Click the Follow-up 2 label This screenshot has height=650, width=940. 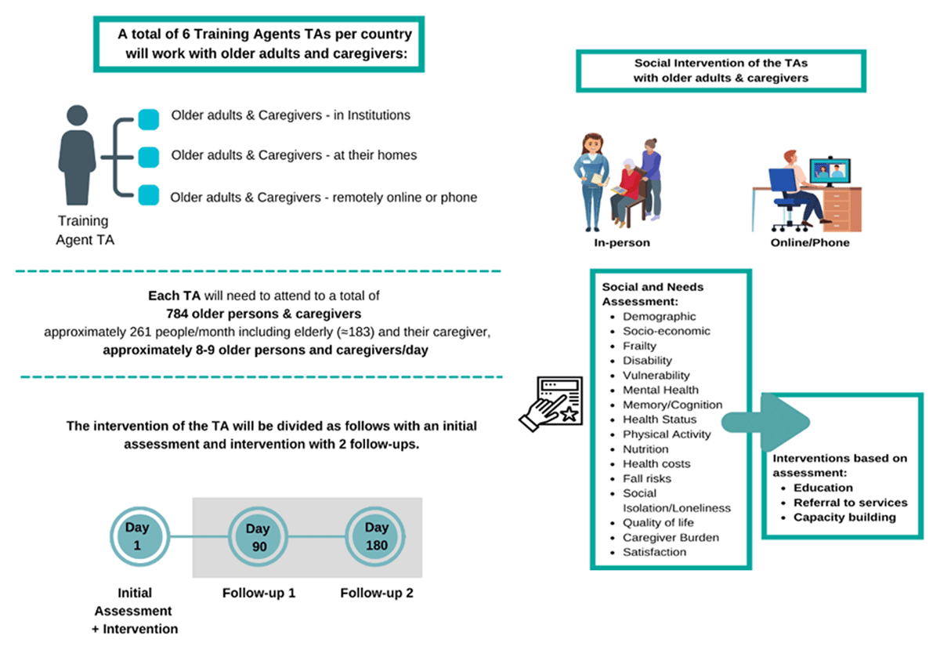pyautogui.click(x=377, y=593)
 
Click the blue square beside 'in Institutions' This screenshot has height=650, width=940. pyautogui.click(x=147, y=119)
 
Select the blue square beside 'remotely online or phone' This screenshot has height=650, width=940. pyautogui.click(x=147, y=195)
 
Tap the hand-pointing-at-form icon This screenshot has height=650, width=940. pyautogui.click(x=550, y=403)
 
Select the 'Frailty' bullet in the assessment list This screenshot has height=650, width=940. pyautogui.click(x=639, y=346)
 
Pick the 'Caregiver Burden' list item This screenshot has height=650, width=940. pyautogui.click(x=671, y=537)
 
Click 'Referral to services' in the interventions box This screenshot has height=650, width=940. pyautogui.click(x=850, y=503)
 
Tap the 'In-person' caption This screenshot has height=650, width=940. pyautogui.click(x=622, y=242)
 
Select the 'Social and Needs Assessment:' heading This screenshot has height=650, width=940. pyautogui.click(x=653, y=294)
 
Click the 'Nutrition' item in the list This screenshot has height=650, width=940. pyautogui.click(x=645, y=449)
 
